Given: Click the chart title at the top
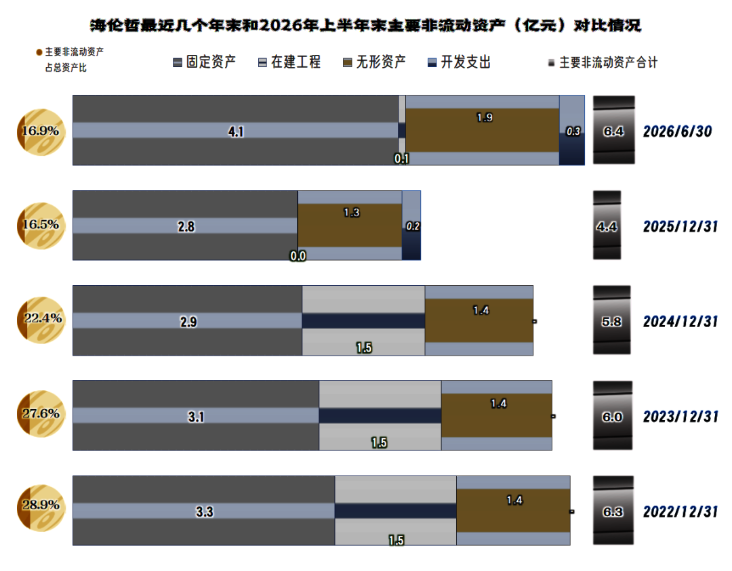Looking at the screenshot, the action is pyautogui.click(x=365, y=25).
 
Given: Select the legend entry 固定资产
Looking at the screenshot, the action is pyautogui.click(x=205, y=62).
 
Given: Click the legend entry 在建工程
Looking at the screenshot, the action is pyautogui.click(x=289, y=62).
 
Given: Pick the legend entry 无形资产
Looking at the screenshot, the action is pyautogui.click(x=374, y=62).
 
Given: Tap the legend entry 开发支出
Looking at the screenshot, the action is pyautogui.click(x=460, y=62).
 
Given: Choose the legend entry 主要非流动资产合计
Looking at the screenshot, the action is pyautogui.click(x=603, y=62).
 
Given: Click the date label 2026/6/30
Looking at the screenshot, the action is pyautogui.click(x=677, y=131).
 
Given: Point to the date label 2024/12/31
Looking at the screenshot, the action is pyautogui.click(x=680, y=322).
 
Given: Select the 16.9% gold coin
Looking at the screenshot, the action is pyautogui.click(x=41, y=132).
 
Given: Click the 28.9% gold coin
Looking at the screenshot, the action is pyautogui.click(x=41, y=508).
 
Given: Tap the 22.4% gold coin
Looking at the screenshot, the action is pyautogui.click(x=41, y=320).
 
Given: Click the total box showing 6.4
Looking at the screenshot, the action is pyautogui.click(x=614, y=130).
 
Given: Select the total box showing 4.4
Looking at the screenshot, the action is pyautogui.click(x=607, y=226).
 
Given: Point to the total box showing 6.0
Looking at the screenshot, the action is pyautogui.click(x=613, y=416).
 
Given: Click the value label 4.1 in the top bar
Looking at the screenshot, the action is pyautogui.click(x=236, y=132).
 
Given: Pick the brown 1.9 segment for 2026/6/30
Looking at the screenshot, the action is pyautogui.click(x=483, y=130).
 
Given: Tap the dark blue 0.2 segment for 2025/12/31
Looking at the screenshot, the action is pyautogui.click(x=411, y=244).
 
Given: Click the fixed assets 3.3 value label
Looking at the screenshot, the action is pyautogui.click(x=205, y=512).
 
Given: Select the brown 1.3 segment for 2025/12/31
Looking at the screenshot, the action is pyautogui.click(x=350, y=226).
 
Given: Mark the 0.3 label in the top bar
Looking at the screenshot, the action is pyautogui.click(x=573, y=132).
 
